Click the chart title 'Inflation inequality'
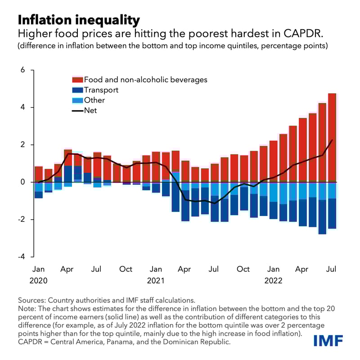point(79,20)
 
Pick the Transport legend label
point(101,90)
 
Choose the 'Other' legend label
point(94,100)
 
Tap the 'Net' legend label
point(90,110)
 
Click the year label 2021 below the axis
point(156,280)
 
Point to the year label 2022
point(273,280)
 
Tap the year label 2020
point(39,280)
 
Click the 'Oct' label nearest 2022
point(243,269)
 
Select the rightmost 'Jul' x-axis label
point(332,269)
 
